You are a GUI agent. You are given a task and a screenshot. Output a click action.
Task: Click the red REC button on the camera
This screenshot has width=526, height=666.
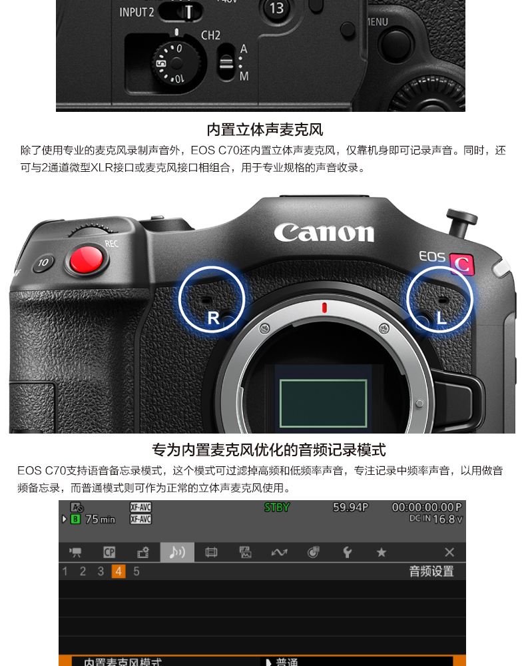click(x=87, y=259)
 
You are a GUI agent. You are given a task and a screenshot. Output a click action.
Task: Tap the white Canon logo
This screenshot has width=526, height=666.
click(x=324, y=232)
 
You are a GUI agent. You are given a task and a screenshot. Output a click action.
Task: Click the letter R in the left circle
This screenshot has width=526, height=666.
click(x=213, y=318)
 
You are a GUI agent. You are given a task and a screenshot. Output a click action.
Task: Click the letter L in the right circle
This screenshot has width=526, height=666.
click(x=441, y=318)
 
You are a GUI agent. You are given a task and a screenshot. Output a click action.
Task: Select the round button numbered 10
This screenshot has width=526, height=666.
click(x=43, y=262)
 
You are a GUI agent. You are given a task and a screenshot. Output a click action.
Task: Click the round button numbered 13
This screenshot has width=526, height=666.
click(x=276, y=8)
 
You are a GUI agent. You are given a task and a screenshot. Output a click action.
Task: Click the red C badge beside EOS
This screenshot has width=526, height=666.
click(x=461, y=264)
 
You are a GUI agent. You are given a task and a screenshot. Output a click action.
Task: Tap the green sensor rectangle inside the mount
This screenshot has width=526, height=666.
click(x=323, y=403)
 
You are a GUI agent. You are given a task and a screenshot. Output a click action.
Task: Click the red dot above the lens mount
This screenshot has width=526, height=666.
click(x=324, y=307)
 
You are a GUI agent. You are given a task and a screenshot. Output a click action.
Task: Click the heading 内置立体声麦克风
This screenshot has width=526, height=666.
click(x=264, y=129)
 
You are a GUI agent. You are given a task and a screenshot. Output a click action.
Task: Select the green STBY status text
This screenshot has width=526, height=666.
click(x=277, y=507)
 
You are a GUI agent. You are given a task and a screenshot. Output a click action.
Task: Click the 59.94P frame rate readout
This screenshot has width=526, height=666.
click(x=350, y=507)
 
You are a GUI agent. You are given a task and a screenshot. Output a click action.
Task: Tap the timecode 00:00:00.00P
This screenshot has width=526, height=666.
click(x=426, y=507)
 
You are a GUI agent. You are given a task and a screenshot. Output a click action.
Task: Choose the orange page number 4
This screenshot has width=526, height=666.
click(x=119, y=571)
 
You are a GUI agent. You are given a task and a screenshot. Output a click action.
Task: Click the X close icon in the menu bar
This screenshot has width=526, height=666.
click(x=449, y=552)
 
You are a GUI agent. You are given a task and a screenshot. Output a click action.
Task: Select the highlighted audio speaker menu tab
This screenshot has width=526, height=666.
click(x=177, y=552)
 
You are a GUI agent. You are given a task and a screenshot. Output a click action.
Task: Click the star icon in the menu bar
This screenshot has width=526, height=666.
click(x=381, y=552)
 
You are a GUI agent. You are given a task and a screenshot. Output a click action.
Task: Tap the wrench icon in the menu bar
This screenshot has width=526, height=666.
click(x=347, y=552)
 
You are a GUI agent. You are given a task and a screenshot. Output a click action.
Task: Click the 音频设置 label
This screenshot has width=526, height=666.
click(x=431, y=571)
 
